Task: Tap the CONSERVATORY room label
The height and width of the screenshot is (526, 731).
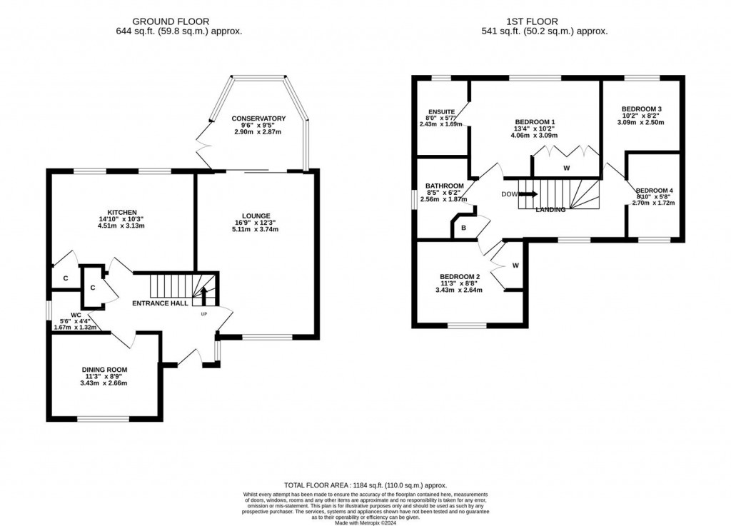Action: (x=258, y=118)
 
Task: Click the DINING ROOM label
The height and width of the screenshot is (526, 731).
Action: (x=104, y=370)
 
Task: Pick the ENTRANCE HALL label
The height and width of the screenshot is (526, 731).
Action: (x=161, y=303)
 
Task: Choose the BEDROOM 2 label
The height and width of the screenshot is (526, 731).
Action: (x=459, y=277)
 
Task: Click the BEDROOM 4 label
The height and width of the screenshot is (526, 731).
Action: (x=653, y=190)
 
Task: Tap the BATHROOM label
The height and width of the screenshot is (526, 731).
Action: (x=443, y=186)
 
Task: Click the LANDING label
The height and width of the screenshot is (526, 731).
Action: (x=550, y=210)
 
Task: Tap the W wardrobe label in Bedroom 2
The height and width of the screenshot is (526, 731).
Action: (x=515, y=265)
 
